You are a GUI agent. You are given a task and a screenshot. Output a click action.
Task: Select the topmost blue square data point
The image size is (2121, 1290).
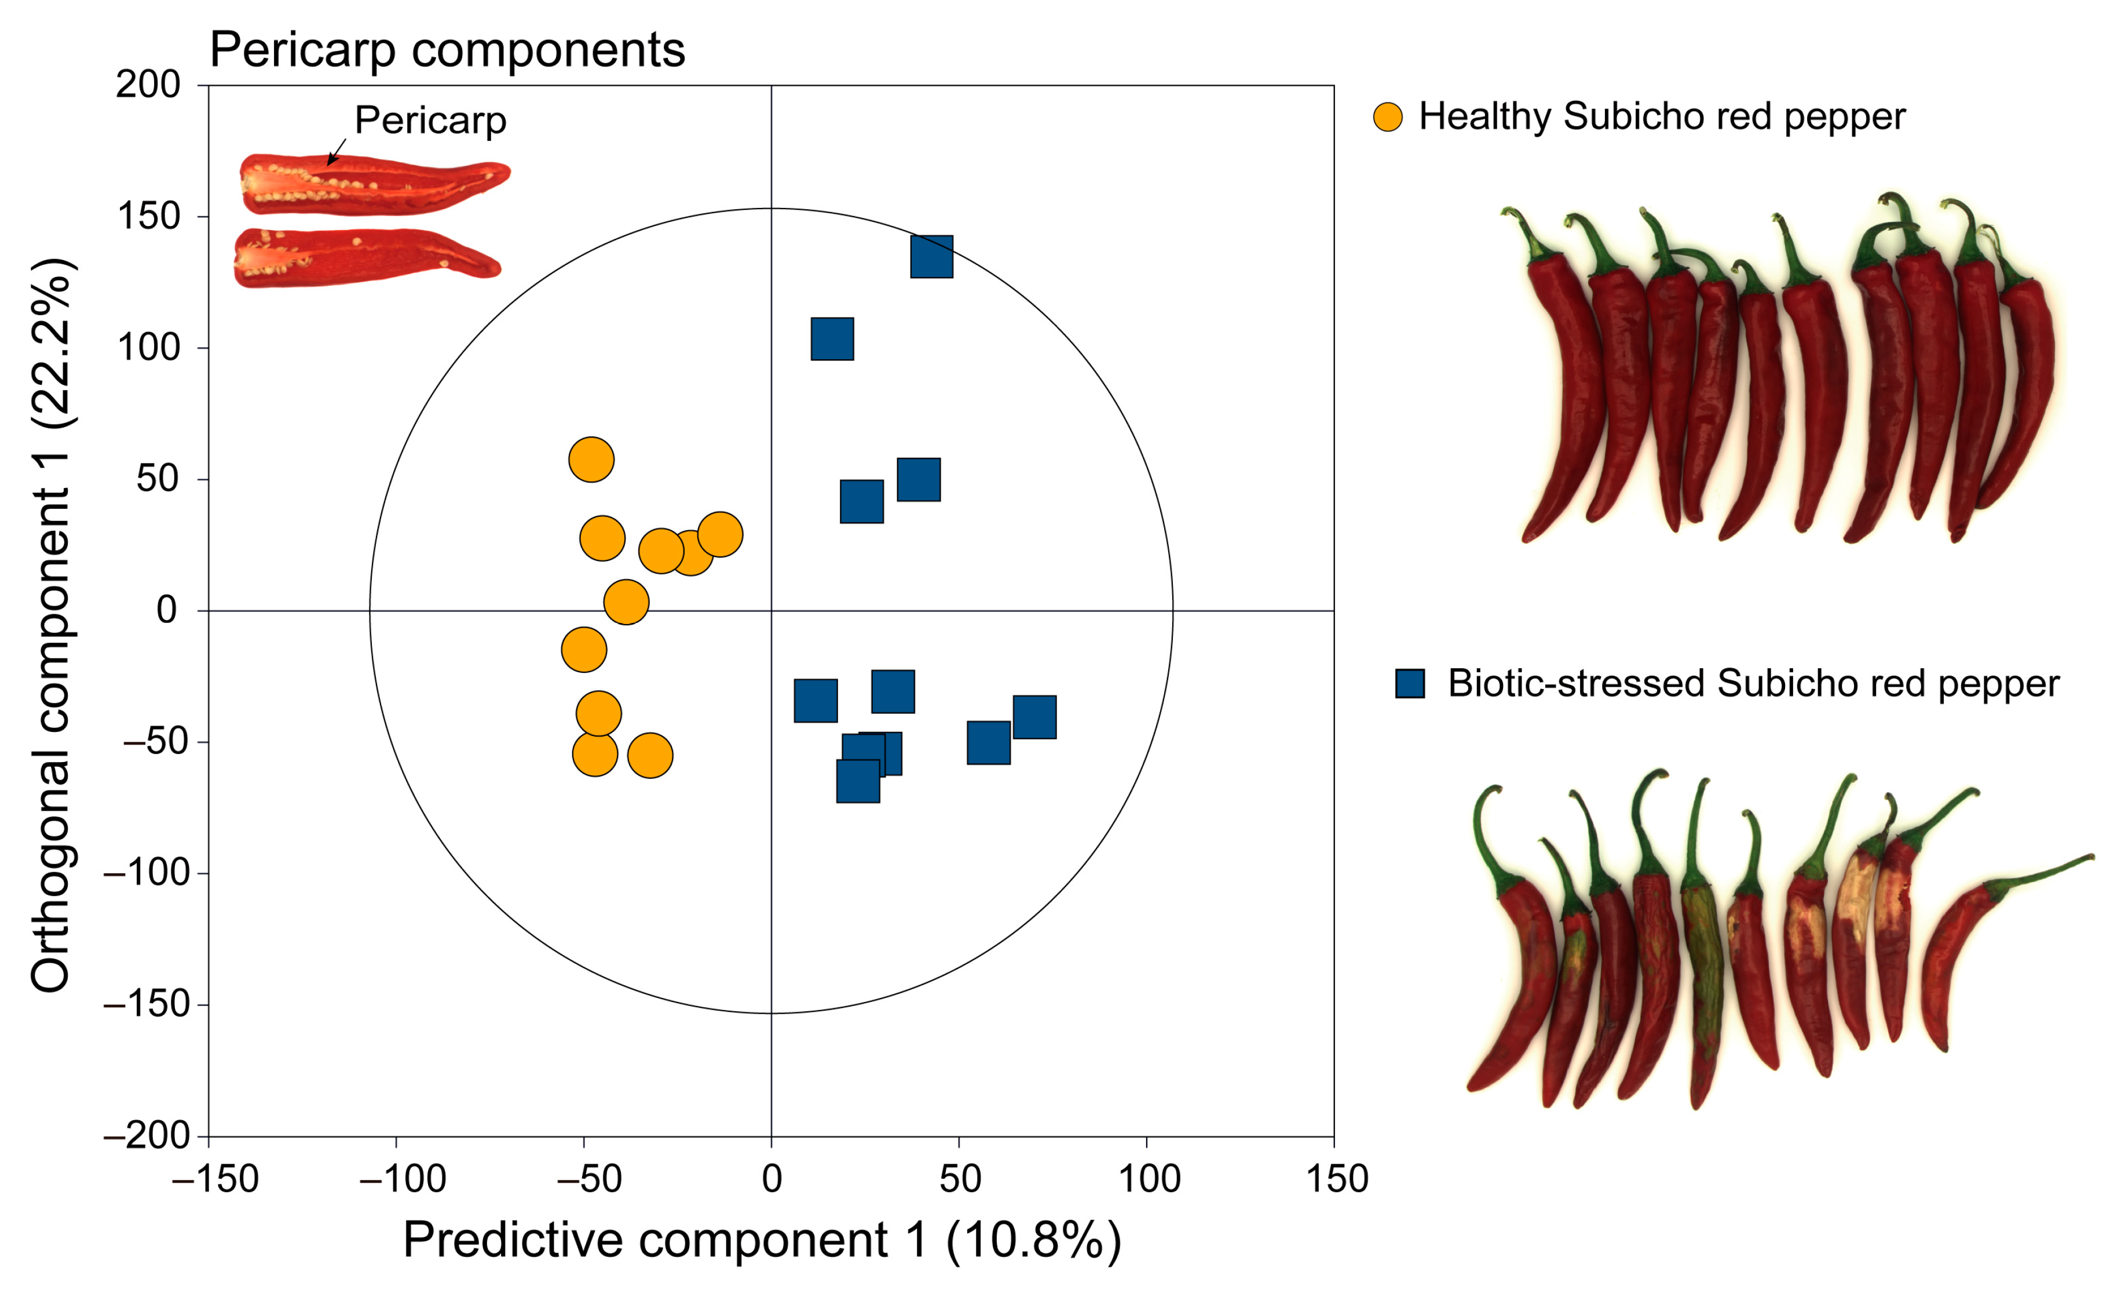coord(931,257)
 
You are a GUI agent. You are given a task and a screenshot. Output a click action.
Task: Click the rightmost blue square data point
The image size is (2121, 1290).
coord(1034,717)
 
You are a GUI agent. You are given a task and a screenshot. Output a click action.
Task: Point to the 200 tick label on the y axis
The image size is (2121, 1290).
coord(148,85)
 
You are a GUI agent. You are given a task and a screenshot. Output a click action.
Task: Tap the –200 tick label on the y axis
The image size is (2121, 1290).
coord(147,1136)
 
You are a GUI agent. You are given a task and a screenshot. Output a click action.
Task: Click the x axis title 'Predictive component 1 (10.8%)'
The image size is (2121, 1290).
coord(762,1241)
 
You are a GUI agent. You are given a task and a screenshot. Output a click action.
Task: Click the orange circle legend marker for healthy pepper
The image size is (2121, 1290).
coord(1388,117)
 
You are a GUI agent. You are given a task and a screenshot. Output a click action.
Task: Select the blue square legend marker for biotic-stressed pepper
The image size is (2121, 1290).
coord(1410,684)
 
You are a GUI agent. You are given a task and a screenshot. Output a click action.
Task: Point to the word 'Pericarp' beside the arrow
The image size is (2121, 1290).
coord(430,121)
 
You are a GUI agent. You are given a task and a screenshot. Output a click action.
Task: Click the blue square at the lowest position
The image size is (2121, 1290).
coord(858,781)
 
